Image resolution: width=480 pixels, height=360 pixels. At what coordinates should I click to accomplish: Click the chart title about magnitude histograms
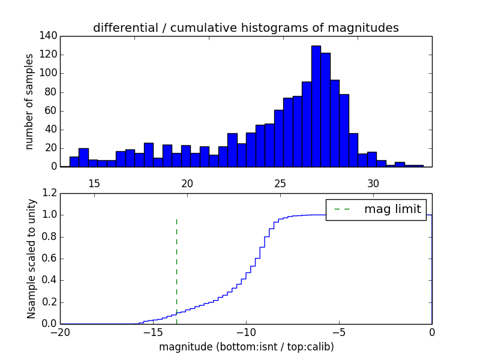pos(246,28)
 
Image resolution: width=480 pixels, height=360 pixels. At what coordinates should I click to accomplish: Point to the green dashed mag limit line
pos(176,270)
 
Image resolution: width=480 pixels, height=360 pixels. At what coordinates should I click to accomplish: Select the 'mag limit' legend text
pos(392,209)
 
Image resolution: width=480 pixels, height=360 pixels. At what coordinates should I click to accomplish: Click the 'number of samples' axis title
pos(29,101)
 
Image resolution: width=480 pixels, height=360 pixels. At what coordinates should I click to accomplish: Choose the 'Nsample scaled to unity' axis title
pos(31,259)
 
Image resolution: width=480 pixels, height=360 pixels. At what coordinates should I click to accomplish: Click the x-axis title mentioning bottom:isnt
pos(246,347)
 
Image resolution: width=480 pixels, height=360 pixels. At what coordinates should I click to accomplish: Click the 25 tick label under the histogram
pos(280,183)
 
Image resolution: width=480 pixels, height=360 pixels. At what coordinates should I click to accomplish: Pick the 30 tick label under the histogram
pos(373,183)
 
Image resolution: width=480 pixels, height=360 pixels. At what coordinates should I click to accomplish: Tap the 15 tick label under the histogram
pos(94,183)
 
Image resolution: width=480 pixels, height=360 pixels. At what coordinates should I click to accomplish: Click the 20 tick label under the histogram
pos(187,183)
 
